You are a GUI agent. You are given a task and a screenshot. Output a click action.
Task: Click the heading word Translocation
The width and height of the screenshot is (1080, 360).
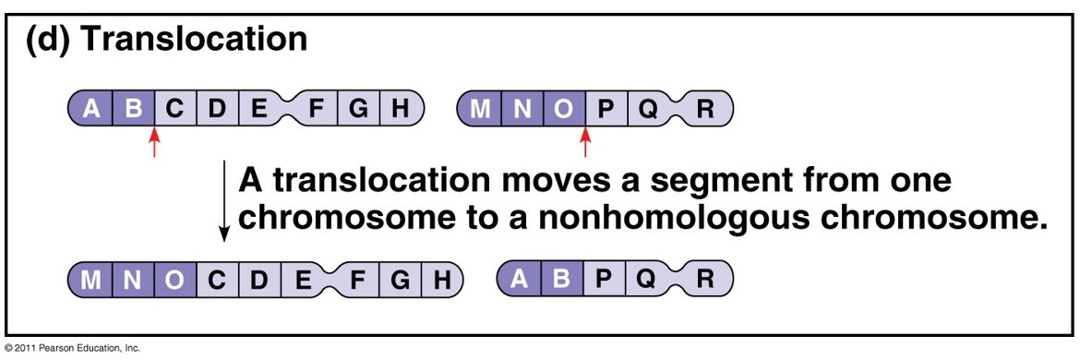195,40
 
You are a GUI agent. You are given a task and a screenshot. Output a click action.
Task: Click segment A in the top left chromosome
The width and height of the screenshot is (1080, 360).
90,109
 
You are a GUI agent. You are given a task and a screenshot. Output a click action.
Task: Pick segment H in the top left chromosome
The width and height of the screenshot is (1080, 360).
399,109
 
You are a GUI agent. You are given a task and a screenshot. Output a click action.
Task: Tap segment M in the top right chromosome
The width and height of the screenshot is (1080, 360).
480,109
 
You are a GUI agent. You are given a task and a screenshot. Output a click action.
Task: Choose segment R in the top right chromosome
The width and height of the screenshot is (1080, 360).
705,109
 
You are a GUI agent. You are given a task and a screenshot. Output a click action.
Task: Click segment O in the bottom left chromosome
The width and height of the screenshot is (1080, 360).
174,279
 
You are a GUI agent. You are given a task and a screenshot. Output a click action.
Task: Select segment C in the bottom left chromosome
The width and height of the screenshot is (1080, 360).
217,279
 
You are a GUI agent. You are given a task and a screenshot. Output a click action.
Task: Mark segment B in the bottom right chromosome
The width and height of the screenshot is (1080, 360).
561,279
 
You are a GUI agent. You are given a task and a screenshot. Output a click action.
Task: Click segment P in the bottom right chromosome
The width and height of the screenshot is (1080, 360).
604,279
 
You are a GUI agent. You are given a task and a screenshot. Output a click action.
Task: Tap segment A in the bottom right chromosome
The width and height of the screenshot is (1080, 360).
520,279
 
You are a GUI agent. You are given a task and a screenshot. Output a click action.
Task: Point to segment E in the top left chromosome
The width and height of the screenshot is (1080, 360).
259,109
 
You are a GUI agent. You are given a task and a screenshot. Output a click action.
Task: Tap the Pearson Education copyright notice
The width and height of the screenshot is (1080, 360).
72,348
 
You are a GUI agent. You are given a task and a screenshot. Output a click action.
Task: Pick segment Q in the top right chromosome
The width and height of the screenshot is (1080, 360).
648,109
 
